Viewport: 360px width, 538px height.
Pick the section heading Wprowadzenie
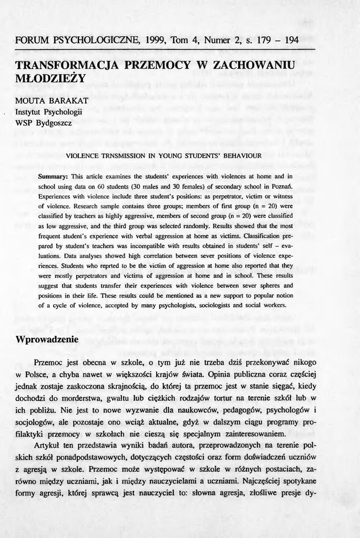pos(47,339)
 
